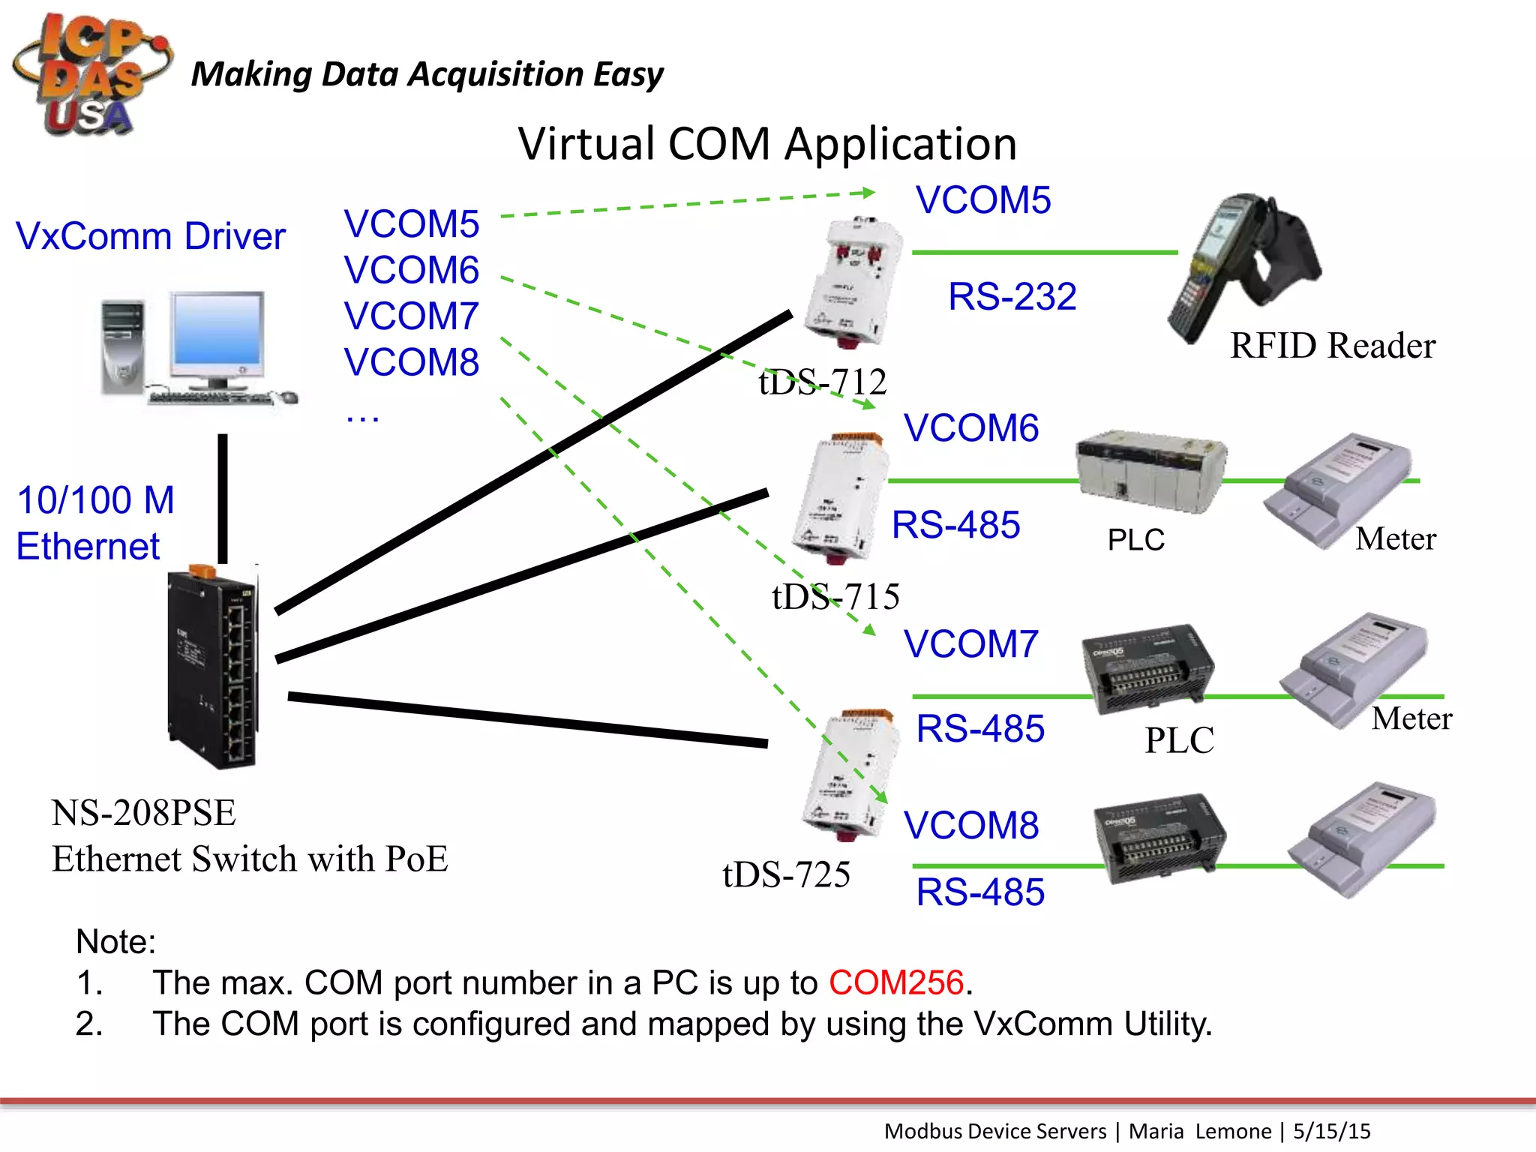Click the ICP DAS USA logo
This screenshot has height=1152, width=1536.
pos(90,75)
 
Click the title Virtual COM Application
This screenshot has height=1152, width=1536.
pos(766,144)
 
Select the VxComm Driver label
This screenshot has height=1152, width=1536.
pos(150,236)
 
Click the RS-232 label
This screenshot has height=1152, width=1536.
pos(1012,296)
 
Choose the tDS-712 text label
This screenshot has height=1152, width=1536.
pos(822,382)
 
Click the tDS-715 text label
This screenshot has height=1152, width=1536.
pos(835,596)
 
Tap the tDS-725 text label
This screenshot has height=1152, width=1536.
pos(786,874)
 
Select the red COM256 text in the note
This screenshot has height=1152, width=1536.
pos(895,982)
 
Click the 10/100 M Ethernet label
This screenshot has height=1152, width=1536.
pos(95,523)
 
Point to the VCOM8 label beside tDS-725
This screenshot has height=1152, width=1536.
pos(970,826)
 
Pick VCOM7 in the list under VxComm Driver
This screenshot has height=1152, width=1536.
pos(411,316)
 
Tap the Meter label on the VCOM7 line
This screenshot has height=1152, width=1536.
pos(1411,718)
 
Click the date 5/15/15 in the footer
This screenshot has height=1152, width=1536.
pos(1331,1131)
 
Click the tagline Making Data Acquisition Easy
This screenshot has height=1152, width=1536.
pos(427,74)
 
